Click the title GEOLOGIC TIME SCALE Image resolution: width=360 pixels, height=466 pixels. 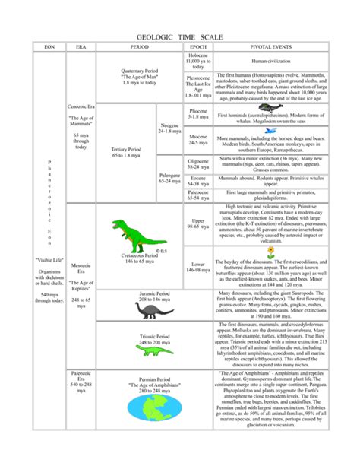click(x=179, y=36)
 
